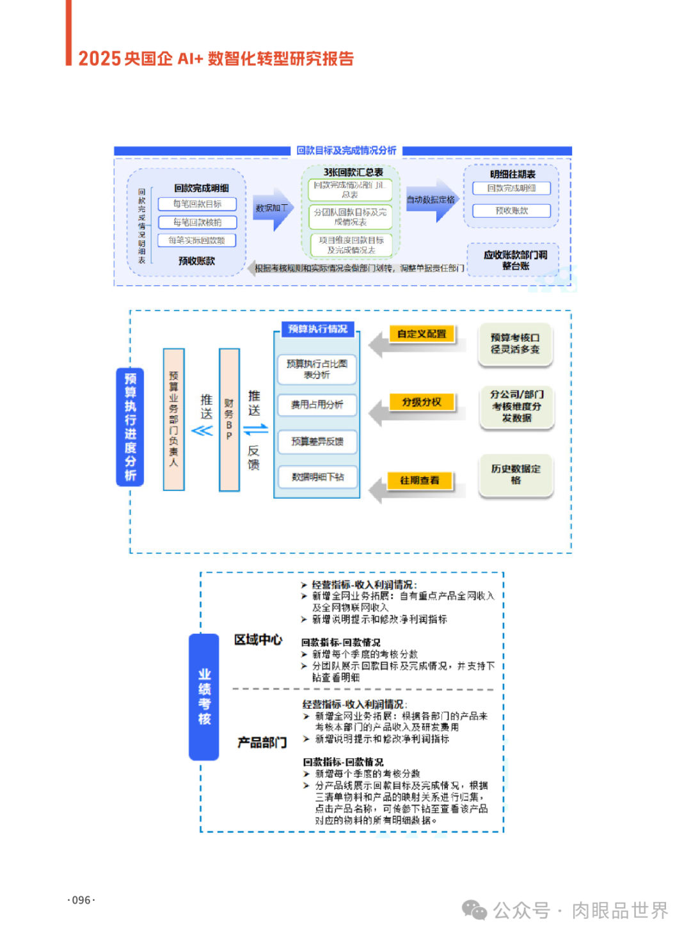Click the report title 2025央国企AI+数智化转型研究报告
pyautogui.click(x=216, y=59)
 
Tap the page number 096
pyautogui.click(x=81, y=900)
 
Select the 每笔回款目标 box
pyautogui.click(x=197, y=204)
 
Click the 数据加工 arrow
pyautogui.click(x=272, y=209)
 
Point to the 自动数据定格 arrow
pyautogui.click(x=431, y=200)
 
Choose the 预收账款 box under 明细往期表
pyautogui.click(x=511, y=211)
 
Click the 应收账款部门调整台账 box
pyautogui.click(x=515, y=260)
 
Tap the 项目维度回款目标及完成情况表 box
pyautogui.click(x=351, y=245)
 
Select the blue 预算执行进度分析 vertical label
pyautogui.click(x=131, y=426)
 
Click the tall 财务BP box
pyautogui.click(x=229, y=419)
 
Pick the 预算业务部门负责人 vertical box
pyautogui.click(x=173, y=419)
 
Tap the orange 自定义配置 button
pyautogui.click(x=422, y=334)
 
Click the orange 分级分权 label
pyautogui.click(x=422, y=402)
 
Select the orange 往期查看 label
pyautogui.click(x=420, y=480)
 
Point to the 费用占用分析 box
pyautogui.click(x=317, y=405)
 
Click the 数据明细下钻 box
pyautogui.click(x=317, y=477)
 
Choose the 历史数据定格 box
pyautogui.click(x=516, y=474)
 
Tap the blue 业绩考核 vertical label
pyautogui.click(x=204, y=697)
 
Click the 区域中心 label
pyautogui.click(x=258, y=640)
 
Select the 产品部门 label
pyautogui.click(x=262, y=743)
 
